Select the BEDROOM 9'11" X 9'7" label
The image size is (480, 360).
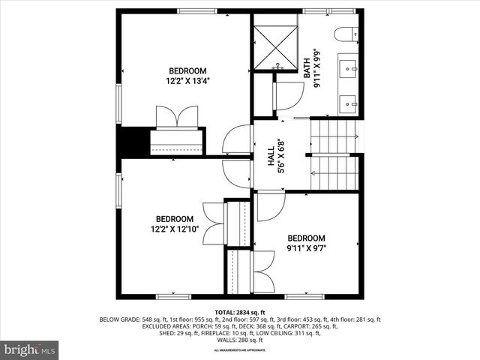click(307, 242)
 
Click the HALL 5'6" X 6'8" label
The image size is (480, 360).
click(276, 156)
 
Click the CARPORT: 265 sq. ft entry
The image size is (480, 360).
click(313, 326)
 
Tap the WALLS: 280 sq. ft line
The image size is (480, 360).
click(240, 340)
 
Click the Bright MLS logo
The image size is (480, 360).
click(30, 350)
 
